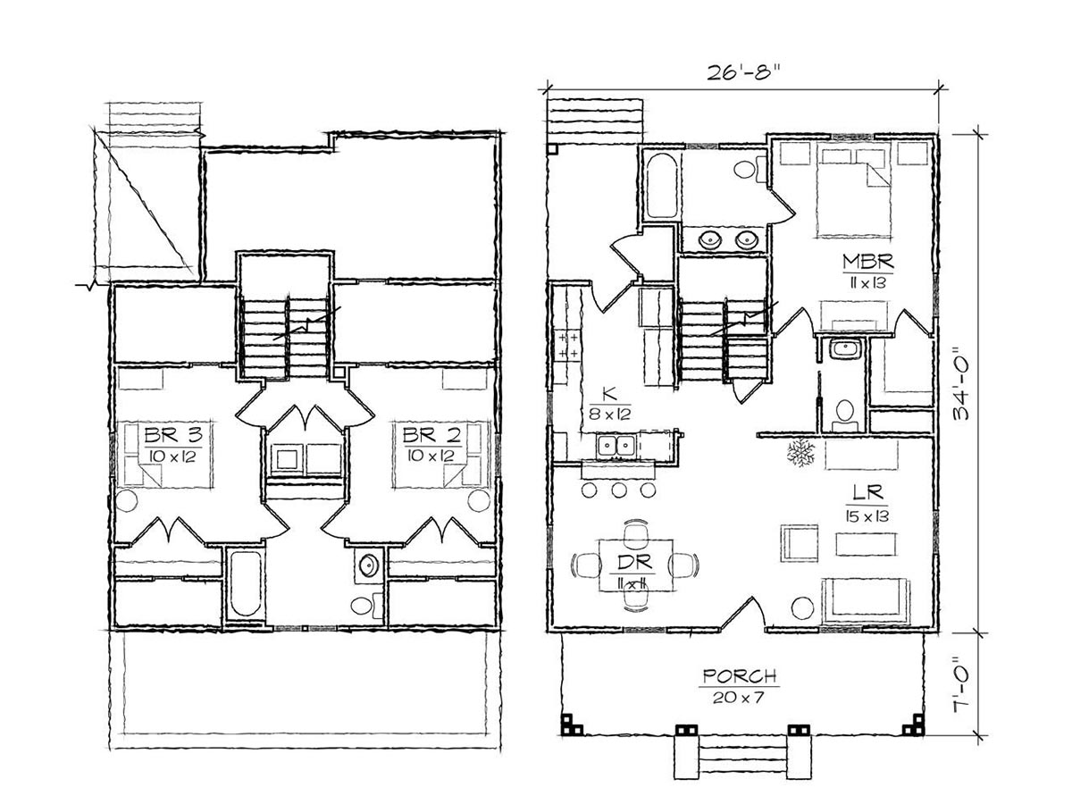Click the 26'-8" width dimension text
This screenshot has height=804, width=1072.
click(x=740, y=72)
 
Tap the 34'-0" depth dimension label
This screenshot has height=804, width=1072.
click(x=960, y=384)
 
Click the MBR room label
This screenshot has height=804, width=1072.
click(x=867, y=262)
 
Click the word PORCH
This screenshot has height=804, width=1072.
click(x=740, y=676)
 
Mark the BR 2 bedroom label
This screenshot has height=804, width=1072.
click(x=431, y=434)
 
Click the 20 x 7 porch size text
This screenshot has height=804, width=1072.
click(x=738, y=698)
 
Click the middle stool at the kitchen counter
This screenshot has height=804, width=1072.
click(x=619, y=490)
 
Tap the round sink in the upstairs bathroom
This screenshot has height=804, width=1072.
click(x=369, y=565)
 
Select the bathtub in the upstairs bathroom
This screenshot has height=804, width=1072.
click(x=245, y=582)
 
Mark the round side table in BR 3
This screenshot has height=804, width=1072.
click(x=127, y=501)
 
